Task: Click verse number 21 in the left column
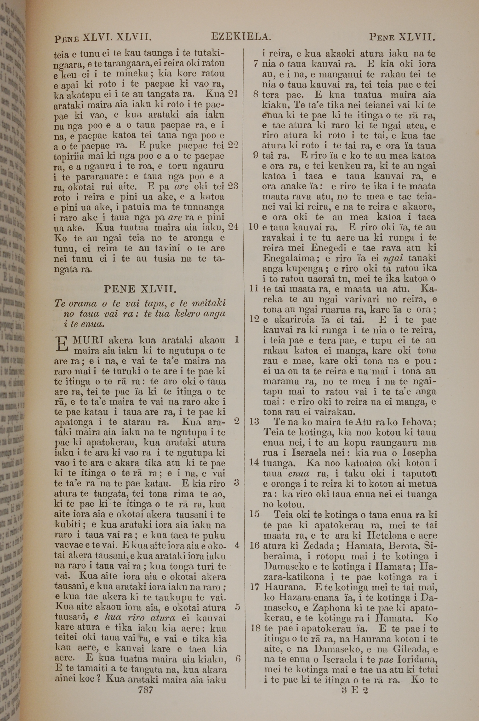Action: (233, 94)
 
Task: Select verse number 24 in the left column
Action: (233, 227)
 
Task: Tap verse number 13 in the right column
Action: (254, 422)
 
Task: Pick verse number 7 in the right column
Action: (256, 64)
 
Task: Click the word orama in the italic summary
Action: (82, 303)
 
